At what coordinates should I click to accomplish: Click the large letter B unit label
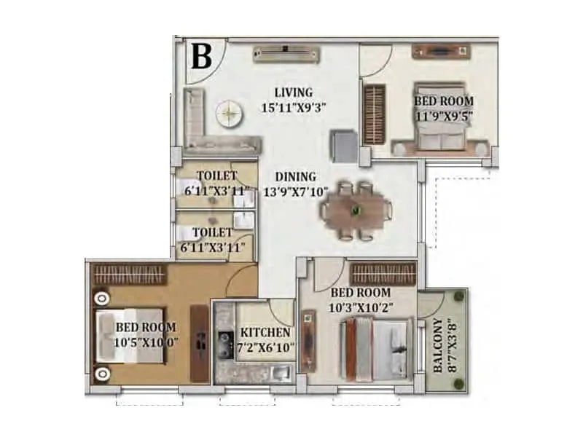click(201, 57)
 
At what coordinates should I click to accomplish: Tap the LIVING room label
click(293, 92)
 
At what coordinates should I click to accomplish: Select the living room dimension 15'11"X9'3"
click(293, 106)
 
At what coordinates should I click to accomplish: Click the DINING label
click(295, 177)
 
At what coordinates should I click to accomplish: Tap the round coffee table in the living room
click(228, 114)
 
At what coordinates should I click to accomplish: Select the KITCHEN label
click(267, 334)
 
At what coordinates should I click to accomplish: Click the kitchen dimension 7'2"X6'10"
click(267, 348)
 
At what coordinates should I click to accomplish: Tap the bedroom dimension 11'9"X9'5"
click(443, 114)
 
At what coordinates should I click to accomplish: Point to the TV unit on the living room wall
click(286, 52)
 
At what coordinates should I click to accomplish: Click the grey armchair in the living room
click(343, 143)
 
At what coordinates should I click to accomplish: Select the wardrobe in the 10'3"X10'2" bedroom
click(383, 274)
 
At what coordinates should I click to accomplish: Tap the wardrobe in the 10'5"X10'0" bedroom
click(130, 274)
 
